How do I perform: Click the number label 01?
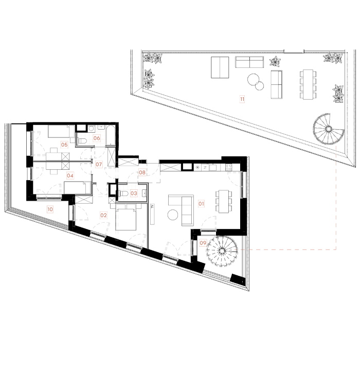pos(201,204)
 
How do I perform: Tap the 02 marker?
pos(103,216)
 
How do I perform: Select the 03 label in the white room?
pos(134,193)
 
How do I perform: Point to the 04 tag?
pos(70,175)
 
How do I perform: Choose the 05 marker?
pos(64,145)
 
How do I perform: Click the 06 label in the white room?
pos(97,138)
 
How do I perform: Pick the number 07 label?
pos(99,165)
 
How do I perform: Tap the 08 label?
pos(142,172)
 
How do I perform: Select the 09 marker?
pos(203,243)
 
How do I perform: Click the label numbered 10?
pos(50,209)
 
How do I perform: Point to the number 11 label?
pos(242,99)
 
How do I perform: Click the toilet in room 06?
pos(82,140)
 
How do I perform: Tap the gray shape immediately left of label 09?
pos(175,243)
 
